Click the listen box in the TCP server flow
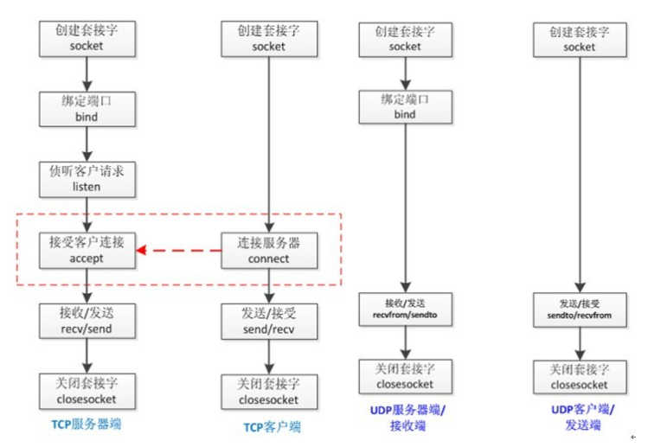(87, 179)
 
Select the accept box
(87, 249)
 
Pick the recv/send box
(87, 320)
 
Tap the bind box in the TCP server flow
(87, 108)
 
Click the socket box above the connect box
(268, 37)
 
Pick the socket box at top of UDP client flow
(579, 39)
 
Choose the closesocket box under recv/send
(87, 392)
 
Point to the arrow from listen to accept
(87, 214)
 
